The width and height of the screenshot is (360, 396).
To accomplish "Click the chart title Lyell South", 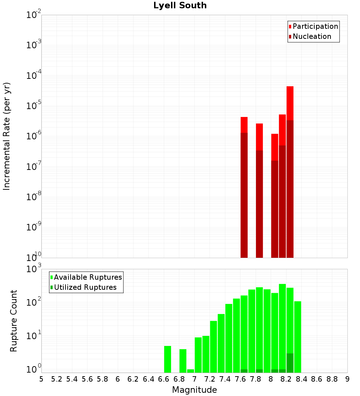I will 180,5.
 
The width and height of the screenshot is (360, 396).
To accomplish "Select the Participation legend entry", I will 315,26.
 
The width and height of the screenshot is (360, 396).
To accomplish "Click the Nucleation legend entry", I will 312,36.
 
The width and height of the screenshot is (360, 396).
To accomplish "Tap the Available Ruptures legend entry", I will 88,277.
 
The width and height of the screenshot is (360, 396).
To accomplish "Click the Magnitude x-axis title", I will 194,390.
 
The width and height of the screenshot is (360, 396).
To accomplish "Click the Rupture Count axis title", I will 14,320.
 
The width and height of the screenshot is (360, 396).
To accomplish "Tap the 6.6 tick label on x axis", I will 164,379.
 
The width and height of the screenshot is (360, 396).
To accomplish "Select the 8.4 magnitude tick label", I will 301,379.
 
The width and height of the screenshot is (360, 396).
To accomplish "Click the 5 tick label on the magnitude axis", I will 41,379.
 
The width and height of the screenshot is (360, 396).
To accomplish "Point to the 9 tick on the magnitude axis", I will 347,379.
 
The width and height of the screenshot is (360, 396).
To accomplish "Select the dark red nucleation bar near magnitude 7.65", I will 244,194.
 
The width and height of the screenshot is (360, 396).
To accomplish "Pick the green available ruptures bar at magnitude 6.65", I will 167,359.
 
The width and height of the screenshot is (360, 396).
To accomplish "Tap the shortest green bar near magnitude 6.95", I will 190,371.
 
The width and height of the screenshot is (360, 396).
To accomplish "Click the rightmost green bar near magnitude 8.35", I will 298,337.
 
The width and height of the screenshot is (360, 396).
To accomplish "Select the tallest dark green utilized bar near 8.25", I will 290,363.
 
